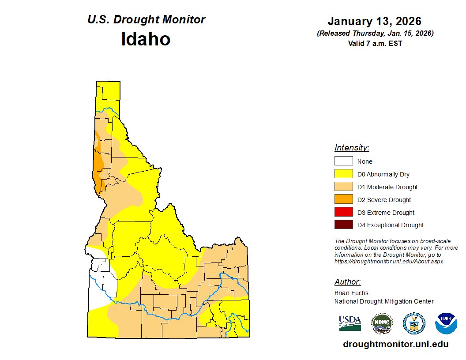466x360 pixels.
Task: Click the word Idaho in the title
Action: (146, 39)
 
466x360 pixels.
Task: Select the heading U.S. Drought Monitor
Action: (146, 20)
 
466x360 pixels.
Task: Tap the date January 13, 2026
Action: (374, 21)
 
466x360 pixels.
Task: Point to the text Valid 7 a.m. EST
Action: (375, 43)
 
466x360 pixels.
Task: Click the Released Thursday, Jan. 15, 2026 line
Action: (375, 34)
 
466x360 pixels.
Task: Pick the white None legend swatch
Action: (343, 161)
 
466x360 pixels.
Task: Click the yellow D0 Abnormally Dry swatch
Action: (343, 174)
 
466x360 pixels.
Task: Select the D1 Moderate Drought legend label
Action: (387, 187)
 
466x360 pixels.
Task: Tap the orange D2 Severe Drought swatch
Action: (343, 199)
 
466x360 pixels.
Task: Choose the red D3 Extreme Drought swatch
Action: (343, 212)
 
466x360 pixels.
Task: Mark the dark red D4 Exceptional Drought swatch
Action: (343, 225)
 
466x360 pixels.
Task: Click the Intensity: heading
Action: (352, 148)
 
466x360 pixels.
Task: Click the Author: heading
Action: (347, 282)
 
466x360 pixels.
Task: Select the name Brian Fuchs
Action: (351, 293)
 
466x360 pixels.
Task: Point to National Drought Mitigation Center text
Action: (384, 301)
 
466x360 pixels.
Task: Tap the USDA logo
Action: (350, 323)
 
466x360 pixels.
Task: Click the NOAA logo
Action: (446, 323)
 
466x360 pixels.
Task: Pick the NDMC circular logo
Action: (382, 323)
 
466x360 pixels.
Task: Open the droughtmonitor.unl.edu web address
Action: (395, 344)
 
